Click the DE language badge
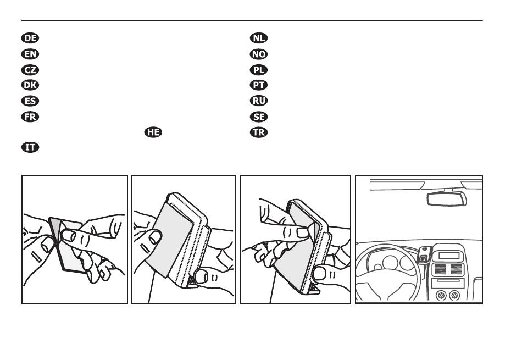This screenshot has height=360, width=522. click(x=30, y=38)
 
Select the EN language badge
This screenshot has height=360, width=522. click(x=30, y=54)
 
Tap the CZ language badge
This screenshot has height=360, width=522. click(x=30, y=70)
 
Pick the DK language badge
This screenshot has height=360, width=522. click(x=30, y=85)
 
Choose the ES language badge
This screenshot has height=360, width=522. click(x=30, y=101)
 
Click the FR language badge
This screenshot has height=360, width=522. click(x=30, y=117)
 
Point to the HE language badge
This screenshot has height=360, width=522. click(x=153, y=132)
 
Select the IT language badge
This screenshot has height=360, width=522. click(x=30, y=148)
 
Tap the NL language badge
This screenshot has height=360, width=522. click(x=258, y=38)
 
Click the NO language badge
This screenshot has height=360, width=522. click(x=258, y=54)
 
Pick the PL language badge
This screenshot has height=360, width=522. click(x=258, y=70)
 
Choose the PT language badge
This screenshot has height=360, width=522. click(x=258, y=85)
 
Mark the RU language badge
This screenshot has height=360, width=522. click(x=258, y=101)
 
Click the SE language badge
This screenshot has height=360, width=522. click(x=258, y=117)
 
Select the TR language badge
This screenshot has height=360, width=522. click(x=258, y=132)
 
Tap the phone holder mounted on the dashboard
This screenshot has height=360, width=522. click(x=424, y=254)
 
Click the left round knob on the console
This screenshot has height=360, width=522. click(x=440, y=295)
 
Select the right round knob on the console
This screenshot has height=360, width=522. click(x=454, y=295)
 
